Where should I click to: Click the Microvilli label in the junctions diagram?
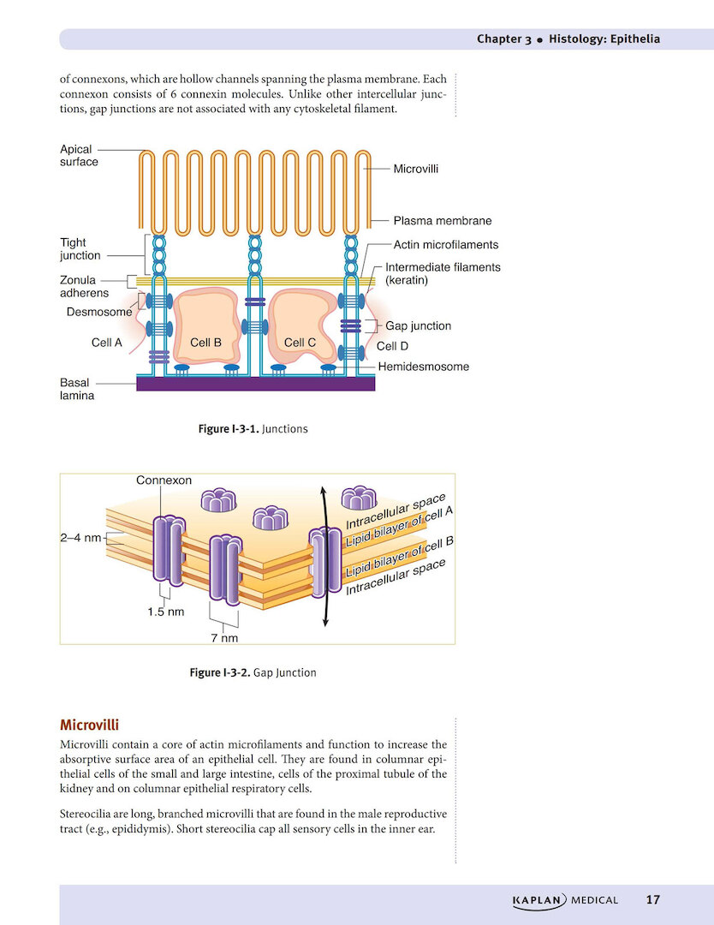(x=415, y=169)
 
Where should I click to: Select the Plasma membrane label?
(x=442, y=221)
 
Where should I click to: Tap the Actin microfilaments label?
(x=445, y=245)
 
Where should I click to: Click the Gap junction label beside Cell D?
(x=418, y=325)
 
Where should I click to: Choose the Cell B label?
(x=205, y=343)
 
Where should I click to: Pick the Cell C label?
(x=300, y=343)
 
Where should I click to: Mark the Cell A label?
(x=107, y=343)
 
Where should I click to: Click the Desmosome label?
(x=99, y=312)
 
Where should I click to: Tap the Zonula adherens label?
(x=84, y=286)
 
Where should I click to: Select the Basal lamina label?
(x=77, y=390)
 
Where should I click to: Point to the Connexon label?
(x=164, y=480)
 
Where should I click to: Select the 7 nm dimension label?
(x=224, y=638)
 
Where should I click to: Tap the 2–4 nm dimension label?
(x=80, y=538)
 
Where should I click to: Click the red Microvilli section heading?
(x=89, y=725)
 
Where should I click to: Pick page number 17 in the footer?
(x=652, y=899)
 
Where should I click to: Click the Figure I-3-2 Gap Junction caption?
(x=253, y=672)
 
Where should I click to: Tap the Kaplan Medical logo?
(x=564, y=899)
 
